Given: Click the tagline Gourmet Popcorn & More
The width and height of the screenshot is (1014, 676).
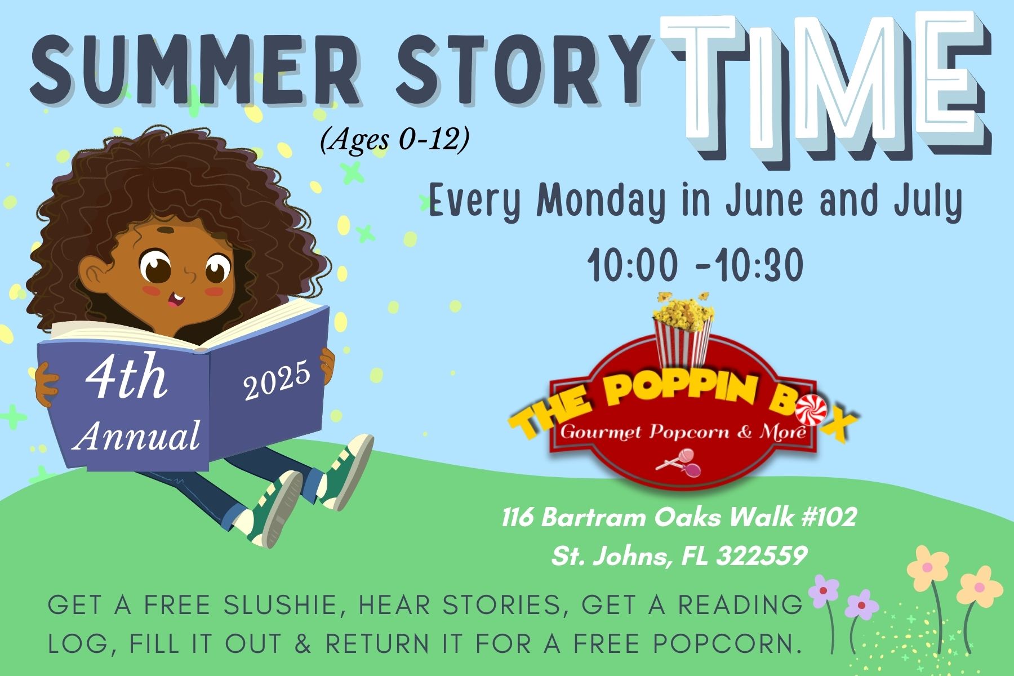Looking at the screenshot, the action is point(681,433).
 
